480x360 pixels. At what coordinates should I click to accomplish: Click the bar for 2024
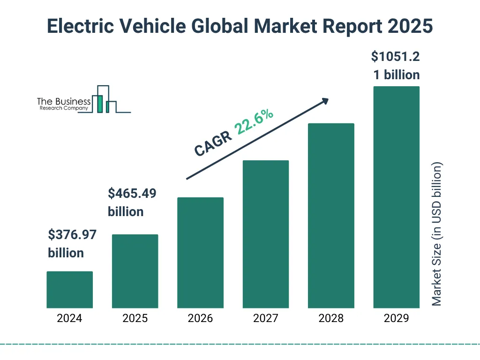click(69, 290)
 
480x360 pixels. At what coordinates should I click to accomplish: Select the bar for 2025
click(135, 271)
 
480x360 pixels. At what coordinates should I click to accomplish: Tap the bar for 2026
click(200, 253)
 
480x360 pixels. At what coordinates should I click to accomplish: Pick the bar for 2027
click(265, 234)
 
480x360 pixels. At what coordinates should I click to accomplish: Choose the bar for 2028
click(331, 216)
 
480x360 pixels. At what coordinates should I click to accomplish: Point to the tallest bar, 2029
click(396, 197)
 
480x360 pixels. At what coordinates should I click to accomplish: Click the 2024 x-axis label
click(69, 319)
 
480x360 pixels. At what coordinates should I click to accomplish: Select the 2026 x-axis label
click(200, 319)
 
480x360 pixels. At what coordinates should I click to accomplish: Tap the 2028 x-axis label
click(331, 319)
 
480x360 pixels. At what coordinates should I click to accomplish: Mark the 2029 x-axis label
click(396, 319)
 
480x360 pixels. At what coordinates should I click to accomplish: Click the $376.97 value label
click(72, 235)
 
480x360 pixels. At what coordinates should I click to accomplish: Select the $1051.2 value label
click(396, 57)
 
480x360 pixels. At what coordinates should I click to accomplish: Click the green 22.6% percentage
click(255, 121)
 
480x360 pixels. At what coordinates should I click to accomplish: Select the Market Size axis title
click(437, 234)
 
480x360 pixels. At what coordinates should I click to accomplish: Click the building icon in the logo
click(104, 99)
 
